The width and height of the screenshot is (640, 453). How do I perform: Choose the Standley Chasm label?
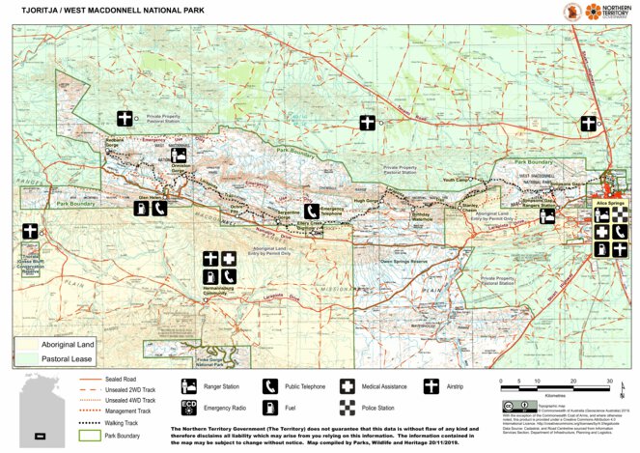(x=471, y=207)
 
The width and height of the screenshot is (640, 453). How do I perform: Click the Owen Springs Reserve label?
(x=403, y=261)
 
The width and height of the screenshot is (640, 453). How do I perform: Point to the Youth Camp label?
(x=454, y=180)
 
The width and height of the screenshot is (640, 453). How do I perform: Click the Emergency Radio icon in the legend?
(x=189, y=407)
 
